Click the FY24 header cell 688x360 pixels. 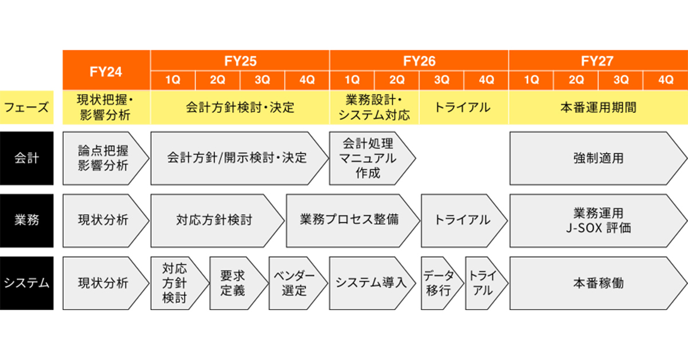click(106, 70)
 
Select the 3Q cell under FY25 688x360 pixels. click(263, 80)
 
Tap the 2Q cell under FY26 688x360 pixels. click(397, 80)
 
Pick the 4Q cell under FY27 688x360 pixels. click(666, 80)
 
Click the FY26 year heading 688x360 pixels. click(419, 61)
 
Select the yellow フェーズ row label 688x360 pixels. click(27, 108)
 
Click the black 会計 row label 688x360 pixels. click(27, 158)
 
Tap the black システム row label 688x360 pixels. click(27, 283)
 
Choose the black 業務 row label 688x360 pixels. click(27, 221)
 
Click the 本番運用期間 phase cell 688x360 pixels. click(599, 108)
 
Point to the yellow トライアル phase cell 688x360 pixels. click(464, 108)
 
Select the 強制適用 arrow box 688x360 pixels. click(599, 158)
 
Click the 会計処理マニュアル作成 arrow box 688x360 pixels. click(373, 158)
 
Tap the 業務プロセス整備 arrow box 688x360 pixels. click(353, 221)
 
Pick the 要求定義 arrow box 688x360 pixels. click(239, 283)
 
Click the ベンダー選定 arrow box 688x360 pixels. click(299, 283)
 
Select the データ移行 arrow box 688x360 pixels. click(442, 283)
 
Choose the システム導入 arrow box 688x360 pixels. click(373, 283)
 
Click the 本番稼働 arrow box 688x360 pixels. click(599, 283)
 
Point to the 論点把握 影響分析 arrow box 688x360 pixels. click(106, 158)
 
